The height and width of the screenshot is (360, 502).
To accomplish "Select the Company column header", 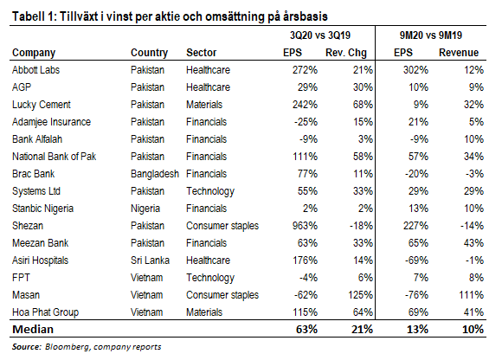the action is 34,53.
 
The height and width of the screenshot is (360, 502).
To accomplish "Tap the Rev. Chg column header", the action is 345,53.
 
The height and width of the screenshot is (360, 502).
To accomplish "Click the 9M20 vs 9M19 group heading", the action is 431,35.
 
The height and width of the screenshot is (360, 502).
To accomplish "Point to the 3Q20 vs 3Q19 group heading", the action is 320,35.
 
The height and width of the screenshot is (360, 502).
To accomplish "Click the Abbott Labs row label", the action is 35,70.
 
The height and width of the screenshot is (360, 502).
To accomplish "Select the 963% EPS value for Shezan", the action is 305,226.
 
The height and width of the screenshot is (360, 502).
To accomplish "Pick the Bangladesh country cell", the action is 155,174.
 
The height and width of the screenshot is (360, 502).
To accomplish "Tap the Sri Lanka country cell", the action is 150,260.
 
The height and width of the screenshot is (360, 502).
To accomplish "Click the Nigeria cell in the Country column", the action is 145,209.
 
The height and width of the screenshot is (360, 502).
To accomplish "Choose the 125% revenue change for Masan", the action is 361,295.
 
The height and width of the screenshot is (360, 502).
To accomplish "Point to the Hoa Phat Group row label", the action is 45,312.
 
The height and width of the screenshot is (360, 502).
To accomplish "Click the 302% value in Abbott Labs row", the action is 415,70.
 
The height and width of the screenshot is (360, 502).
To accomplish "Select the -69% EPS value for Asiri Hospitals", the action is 416,260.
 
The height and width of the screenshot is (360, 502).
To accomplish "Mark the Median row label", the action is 33,330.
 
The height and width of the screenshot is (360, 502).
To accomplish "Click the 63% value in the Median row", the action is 306,330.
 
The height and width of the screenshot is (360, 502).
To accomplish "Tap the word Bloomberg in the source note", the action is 68,347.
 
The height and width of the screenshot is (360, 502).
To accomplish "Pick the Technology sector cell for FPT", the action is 210,278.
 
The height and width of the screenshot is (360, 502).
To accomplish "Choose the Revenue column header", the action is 459,53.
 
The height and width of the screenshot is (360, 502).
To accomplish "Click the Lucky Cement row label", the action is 42,105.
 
